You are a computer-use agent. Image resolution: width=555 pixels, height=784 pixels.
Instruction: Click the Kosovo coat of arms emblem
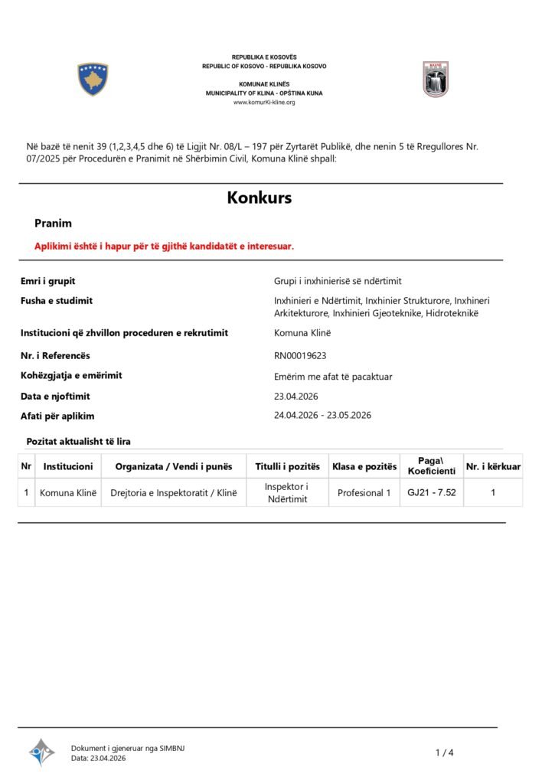click(93, 79)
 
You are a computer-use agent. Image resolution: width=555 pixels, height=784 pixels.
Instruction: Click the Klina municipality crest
click(436, 79)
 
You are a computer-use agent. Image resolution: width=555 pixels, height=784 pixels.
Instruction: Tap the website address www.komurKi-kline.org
click(264, 103)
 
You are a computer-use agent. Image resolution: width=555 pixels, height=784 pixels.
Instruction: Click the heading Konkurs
click(260, 198)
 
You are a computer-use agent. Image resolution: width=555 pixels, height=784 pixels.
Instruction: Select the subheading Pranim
click(53, 224)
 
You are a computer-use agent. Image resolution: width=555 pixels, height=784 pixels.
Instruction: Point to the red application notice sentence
click(164, 246)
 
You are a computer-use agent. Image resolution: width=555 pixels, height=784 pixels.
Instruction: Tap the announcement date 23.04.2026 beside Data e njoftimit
click(295, 396)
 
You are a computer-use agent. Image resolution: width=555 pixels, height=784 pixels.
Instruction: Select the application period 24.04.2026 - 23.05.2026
click(322, 415)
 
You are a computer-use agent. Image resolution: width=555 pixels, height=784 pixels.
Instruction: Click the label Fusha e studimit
click(57, 301)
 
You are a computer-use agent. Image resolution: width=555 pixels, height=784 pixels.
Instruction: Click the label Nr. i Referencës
click(55, 355)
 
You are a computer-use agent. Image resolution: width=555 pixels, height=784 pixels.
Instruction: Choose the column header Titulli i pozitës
click(286, 466)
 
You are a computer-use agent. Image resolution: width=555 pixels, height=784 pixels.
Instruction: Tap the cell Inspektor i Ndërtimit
click(286, 492)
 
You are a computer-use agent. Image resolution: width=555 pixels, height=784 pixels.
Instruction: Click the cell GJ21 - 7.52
click(432, 492)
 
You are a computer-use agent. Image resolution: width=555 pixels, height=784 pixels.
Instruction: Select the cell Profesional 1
click(364, 492)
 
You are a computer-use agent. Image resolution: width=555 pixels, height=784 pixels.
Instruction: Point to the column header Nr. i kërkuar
click(493, 466)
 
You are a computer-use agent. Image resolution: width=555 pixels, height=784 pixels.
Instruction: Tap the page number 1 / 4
click(445, 753)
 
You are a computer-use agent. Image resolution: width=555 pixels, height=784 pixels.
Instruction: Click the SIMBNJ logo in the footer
click(42, 752)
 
